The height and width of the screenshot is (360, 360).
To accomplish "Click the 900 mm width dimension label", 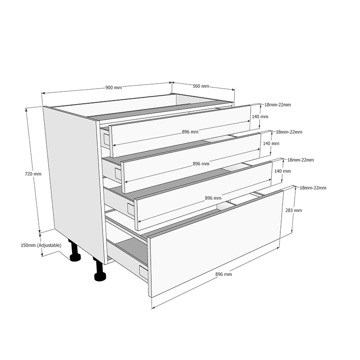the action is pyautogui.click(x=113, y=88).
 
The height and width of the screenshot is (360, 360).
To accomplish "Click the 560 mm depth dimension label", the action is pyautogui.click(x=201, y=86).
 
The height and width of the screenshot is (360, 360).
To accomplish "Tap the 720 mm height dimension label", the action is pyautogui.click(x=33, y=174).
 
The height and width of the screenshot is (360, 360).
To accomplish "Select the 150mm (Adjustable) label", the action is pyautogui.click(x=41, y=245).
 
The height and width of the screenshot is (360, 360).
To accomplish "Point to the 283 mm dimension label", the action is pyautogui.click(x=294, y=210).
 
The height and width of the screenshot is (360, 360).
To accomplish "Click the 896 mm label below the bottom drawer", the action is pyautogui.click(x=223, y=274).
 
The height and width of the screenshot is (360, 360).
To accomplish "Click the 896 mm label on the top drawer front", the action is pyautogui.click(x=190, y=132).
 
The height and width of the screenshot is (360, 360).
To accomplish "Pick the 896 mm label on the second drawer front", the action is pyautogui.click(x=201, y=164).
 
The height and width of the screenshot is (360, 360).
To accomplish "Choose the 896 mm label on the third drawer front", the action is pyautogui.click(x=213, y=198).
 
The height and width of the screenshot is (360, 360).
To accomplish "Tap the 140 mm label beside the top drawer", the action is pyautogui.click(x=260, y=117).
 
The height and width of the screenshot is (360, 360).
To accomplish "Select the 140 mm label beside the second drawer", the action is pyautogui.click(x=271, y=144).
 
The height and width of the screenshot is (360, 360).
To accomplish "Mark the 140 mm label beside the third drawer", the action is pyautogui.click(x=283, y=171).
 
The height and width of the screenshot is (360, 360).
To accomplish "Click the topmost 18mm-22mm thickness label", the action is pyautogui.click(x=278, y=105).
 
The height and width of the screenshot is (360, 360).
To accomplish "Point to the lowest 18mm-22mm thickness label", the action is pyautogui.click(x=313, y=188).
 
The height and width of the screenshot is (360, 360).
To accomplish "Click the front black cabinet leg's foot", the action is pyautogui.click(x=100, y=276).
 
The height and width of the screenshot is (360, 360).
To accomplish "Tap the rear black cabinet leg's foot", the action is pyautogui.click(x=75, y=257).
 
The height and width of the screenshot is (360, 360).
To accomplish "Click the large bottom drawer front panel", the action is pyautogui.click(x=216, y=244).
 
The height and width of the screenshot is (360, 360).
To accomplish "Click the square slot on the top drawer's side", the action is pyautogui.click(x=107, y=139).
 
